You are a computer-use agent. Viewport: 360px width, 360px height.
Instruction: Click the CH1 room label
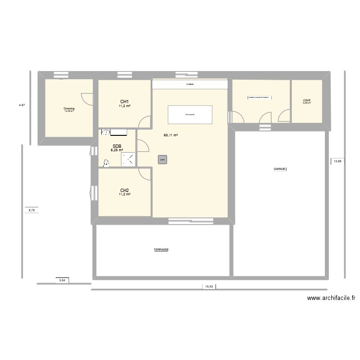(x=124, y=101)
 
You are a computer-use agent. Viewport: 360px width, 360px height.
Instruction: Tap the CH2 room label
(x=124, y=190)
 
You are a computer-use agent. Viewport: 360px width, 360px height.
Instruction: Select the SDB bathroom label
(x=117, y=146)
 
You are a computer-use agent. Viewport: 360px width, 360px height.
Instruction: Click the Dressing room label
(x=69, y=108)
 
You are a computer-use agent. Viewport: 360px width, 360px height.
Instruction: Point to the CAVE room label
(x=307, y=100)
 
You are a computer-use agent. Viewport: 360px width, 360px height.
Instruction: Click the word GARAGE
(x=280, y=169)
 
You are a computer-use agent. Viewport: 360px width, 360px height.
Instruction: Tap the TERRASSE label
(x=161, y=250)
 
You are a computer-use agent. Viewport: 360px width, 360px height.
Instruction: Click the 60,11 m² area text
(x=170, y=135)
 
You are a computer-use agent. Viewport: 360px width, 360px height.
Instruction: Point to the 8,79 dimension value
(x=32, y=209)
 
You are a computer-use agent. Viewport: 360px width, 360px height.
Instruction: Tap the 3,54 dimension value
(x=61, y=280)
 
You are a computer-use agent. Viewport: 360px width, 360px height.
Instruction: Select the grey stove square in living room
(x=162, y=160)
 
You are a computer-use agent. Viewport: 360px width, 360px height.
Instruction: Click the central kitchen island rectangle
(x=190, y=114)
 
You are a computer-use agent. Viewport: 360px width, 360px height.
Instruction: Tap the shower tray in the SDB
(x=128, y=159)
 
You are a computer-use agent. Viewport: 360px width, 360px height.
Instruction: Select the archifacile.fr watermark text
(x=331, y=298)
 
